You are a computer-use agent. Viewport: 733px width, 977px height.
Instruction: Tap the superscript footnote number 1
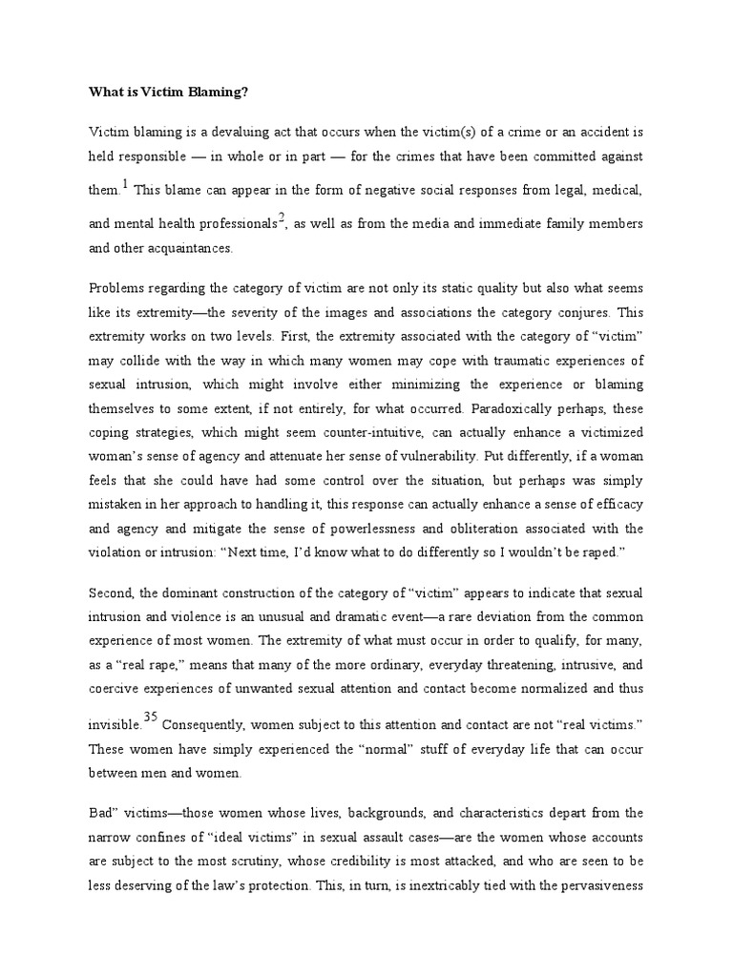pyautogui.click(x=124, y=184)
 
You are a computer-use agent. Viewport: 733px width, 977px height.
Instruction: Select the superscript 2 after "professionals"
pyautogui.click(x=281, y=216)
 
